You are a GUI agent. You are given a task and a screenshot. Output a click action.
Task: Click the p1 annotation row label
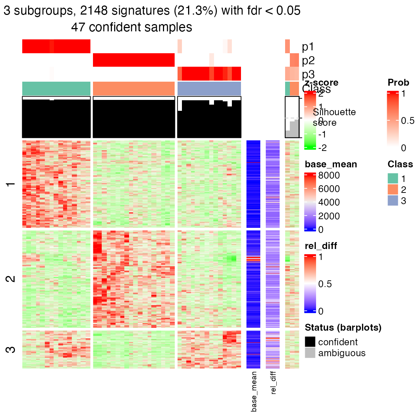[308, 47]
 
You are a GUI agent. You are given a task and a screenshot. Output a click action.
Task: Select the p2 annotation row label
[308, 61]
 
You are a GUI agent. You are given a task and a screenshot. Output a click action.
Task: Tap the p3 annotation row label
[308, 74]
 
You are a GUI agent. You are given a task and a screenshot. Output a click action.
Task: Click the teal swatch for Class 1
[393, 179]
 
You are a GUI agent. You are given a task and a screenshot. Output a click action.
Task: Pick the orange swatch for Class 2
[393, 190]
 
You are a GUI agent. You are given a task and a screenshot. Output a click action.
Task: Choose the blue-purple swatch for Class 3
[393, 201]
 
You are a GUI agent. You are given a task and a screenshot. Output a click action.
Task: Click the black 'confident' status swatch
[310, 342]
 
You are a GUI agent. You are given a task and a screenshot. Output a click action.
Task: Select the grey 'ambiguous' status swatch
[310, 353]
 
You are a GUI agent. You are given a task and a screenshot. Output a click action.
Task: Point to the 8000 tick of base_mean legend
[329, 175]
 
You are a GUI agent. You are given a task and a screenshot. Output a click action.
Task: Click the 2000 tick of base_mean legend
[329, 216]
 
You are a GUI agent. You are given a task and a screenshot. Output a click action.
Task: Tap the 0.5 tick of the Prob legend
[408, 121]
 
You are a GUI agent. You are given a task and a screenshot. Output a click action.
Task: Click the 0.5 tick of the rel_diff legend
[325, 284]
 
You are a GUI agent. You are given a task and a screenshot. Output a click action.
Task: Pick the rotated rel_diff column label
[273, 383]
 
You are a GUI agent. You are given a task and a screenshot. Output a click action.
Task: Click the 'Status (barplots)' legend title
[343, 327]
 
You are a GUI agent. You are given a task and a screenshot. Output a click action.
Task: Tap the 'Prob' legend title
[398, 83]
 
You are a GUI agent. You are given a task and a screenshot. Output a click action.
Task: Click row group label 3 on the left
[11, 349]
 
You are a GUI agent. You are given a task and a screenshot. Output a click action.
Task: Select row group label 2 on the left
[11, 279]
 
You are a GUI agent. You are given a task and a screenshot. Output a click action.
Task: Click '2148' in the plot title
[94, 11]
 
